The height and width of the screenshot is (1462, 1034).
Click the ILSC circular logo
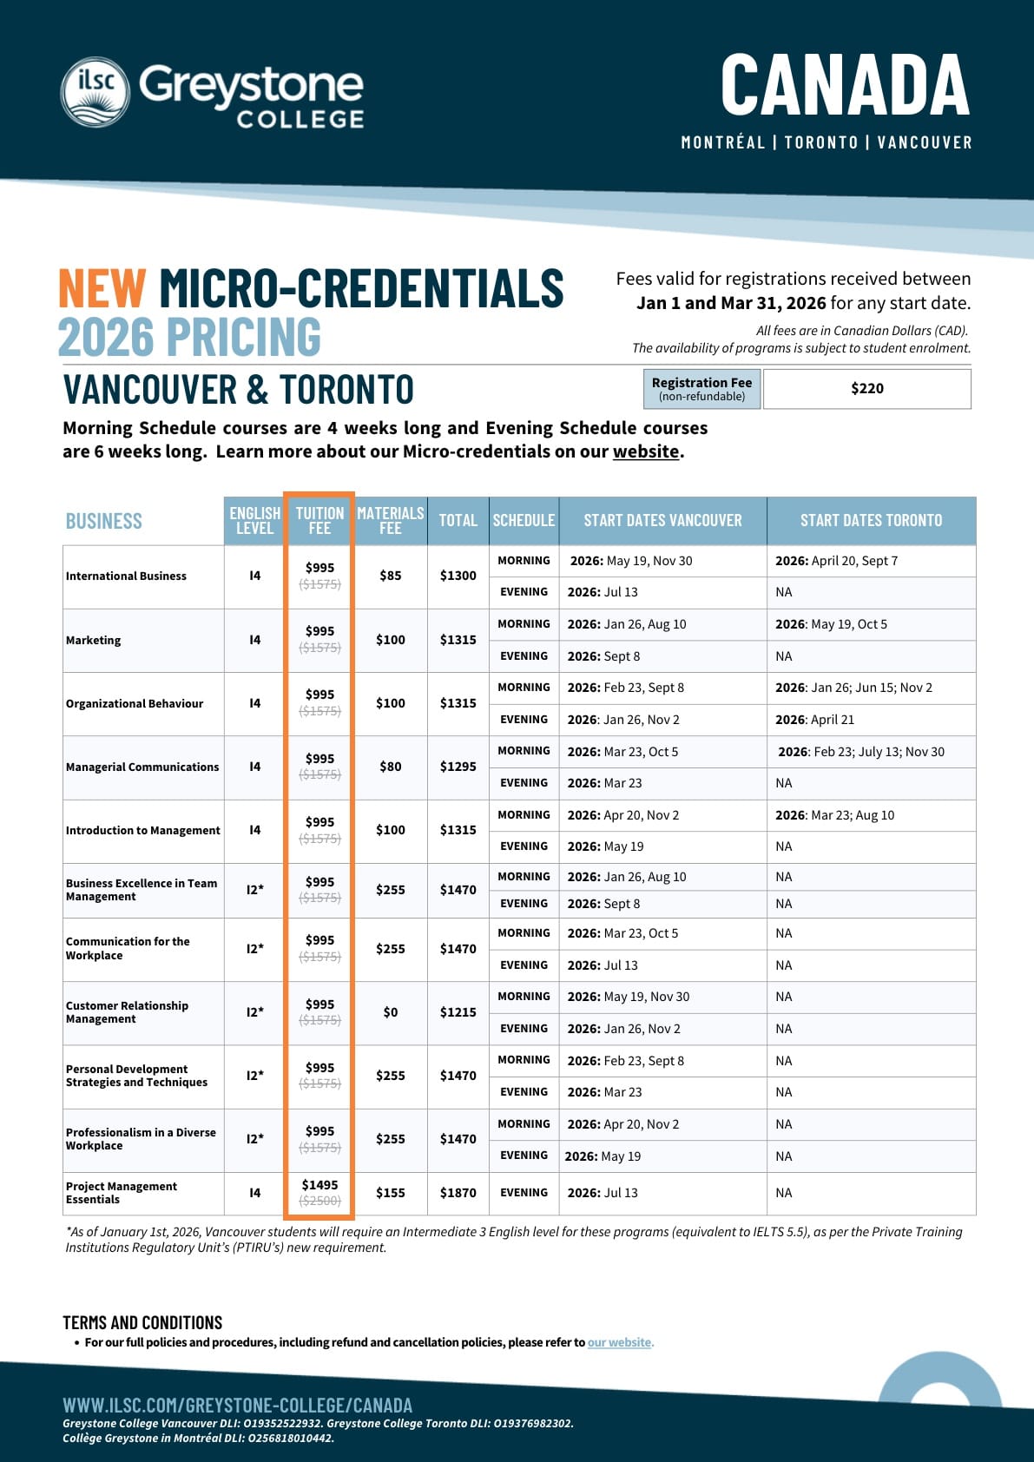coord(95,92)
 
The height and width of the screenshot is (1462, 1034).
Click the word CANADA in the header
coord(845,85)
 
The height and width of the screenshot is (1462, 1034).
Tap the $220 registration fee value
coord(866,389)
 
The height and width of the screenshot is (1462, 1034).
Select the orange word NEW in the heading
coord(102,289)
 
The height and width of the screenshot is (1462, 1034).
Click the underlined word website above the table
coord(646,451)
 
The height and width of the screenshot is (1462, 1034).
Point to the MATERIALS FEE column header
coord(390,520)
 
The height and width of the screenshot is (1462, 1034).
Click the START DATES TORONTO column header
coord(871,520)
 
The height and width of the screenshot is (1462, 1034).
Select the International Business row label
coord(126,576)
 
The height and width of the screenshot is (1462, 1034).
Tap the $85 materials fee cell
coord(390,576)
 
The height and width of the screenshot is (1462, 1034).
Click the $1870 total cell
coord(458,1193)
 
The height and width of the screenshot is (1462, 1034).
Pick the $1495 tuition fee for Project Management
coord(319,1185)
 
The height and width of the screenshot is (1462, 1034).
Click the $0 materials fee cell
coord(390,1012)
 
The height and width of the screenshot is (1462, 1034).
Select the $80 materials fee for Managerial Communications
coord(390,767)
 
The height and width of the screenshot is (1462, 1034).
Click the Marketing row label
coord(94,641)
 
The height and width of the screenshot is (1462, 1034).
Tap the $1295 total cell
coord(458,767)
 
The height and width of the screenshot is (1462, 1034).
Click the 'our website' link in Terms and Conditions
coord(619,1342)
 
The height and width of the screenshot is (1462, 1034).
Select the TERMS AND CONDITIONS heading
coord(142,1323)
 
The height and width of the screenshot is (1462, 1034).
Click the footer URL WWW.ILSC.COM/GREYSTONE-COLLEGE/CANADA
coord(237,1406)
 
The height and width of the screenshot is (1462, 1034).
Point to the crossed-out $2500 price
coord(319,1201)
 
